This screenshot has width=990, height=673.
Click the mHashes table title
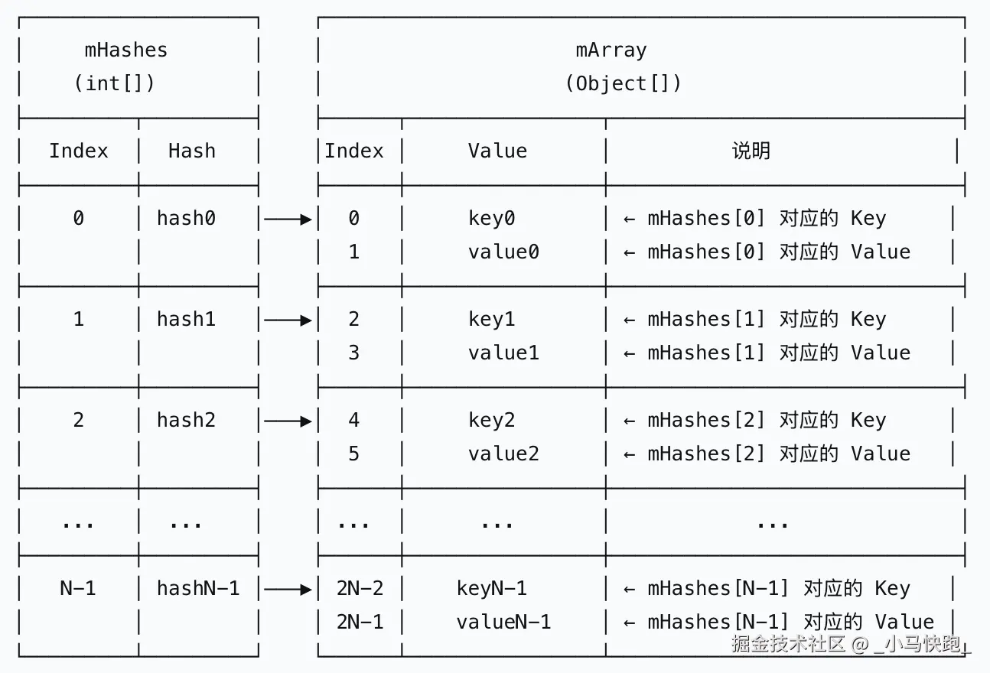125,50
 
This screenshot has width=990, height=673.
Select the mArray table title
611,50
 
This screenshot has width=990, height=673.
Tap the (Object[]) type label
623,83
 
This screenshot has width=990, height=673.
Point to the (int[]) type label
114,83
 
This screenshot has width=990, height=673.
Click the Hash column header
191,151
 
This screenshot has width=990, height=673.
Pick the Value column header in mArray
497,151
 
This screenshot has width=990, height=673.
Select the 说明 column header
751,151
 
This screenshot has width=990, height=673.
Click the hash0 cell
186,219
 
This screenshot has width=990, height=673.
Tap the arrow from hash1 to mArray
288,320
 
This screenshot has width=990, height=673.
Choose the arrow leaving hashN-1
288,589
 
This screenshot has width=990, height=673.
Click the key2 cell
491,420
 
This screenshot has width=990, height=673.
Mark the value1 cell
503,353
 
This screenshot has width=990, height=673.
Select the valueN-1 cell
503,622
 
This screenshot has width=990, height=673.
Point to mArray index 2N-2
360,588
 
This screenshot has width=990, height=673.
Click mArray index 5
353,454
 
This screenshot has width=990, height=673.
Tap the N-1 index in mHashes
78,588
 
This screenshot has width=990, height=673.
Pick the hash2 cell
186,420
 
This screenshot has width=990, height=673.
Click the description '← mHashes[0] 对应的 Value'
767,252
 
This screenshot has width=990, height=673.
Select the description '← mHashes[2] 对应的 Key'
755,420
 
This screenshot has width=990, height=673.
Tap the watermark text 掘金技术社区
788,644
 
